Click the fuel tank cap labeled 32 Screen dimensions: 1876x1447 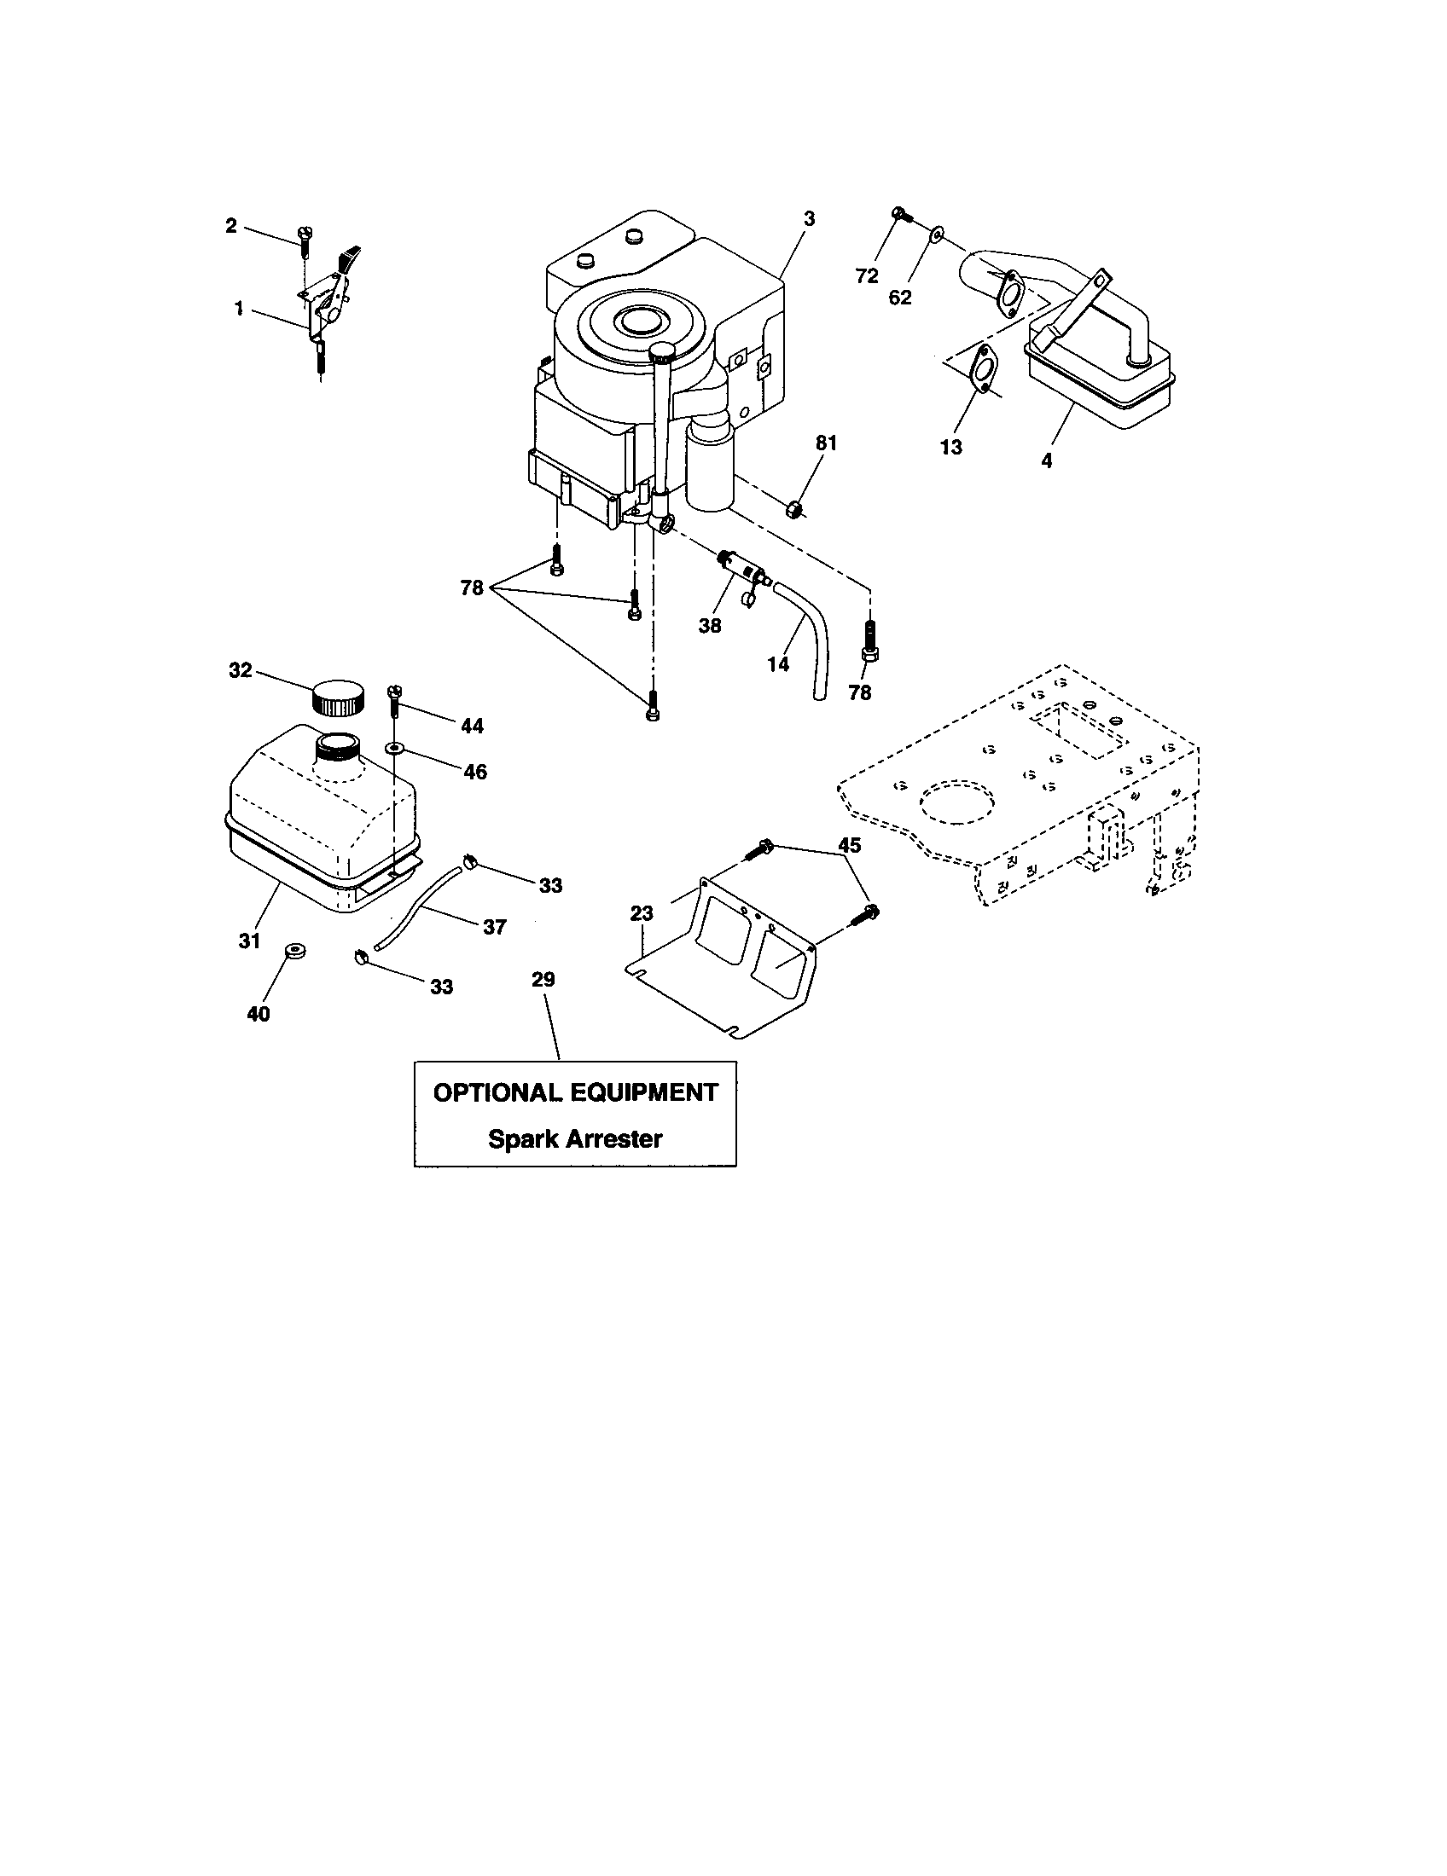[x=338, y=697]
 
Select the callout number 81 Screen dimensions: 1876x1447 [x=826, y=443]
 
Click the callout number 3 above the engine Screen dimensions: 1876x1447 [x=809, y=219]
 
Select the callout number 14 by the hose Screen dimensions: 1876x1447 [x=778, y=664]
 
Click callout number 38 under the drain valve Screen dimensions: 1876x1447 [x=710, y=626]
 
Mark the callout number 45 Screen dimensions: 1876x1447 [x=849, y=845]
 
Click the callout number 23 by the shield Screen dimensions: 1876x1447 [x=642, y=914]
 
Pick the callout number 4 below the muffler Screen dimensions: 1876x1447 [x=1047, y=461]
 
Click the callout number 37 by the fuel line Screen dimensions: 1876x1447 [x=495, y=927]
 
